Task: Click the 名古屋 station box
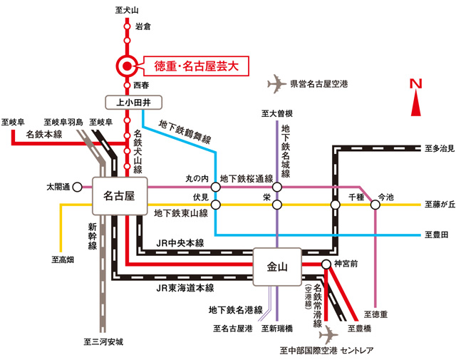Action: pos(120,196)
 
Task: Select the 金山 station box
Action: pos(277,267)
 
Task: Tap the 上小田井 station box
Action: pos(133,103)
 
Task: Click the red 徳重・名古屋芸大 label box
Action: pos(197,66)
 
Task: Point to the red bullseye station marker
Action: pos(127,66)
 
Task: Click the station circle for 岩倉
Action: pos(127,26)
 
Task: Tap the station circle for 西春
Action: pos(127,86)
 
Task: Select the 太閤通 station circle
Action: pos(77,187)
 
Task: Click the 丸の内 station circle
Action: pos(215,187)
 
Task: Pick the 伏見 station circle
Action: pos(215,205)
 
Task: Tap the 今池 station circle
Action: pos(375,205)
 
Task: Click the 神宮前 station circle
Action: pos(326,264)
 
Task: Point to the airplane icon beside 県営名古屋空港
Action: pos(277,84)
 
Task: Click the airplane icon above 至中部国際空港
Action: pos(328,334)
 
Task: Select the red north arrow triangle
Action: pos(416,103)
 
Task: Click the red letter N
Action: pos(416,84)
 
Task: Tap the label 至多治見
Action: pos(440,148)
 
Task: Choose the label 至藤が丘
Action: pos(440,205)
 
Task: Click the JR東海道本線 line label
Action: pos(185,288)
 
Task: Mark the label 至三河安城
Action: pos(103,341)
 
